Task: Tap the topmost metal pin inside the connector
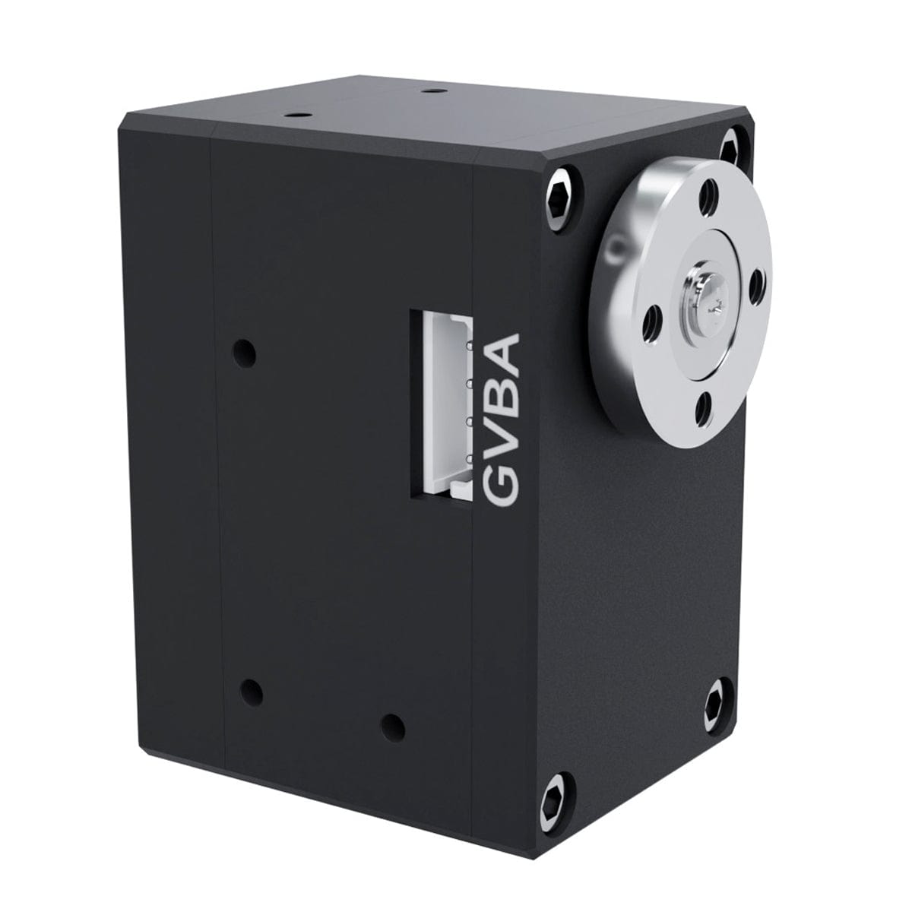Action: coord(470,346)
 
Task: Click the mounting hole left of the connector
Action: coord(244,352)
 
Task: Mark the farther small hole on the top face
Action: coord(433,90)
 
